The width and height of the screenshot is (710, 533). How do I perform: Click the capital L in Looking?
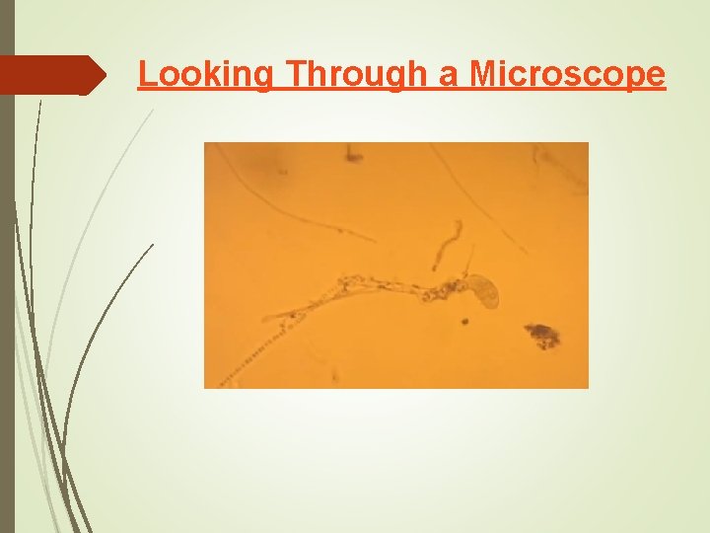pos(146,73)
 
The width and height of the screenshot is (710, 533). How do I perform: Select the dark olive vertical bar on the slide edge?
pos(7,266)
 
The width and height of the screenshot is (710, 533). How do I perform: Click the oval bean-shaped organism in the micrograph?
pos(484,290)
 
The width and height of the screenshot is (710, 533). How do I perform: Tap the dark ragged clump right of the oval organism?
pos(541,335)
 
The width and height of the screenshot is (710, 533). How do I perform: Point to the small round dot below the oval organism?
pos(463,321)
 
